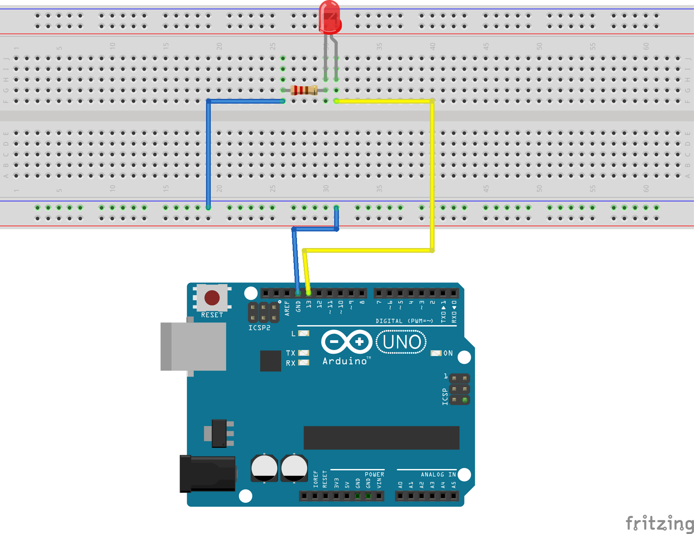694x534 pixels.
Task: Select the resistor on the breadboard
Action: [x=304, y=90]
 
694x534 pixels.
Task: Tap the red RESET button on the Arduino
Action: [x=212, y=297]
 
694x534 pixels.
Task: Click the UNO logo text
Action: [x=401, y=342]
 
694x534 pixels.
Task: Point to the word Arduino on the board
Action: [x=345, y=361]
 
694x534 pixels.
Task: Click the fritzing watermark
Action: [x=659, y=523]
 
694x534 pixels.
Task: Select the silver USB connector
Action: [x=194, y=347]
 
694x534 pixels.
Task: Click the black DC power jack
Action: [x=208, y=473]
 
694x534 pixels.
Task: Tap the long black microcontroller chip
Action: [x=381, y=437]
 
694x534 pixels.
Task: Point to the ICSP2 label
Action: [x=259, y=328]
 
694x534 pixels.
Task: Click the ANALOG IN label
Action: [x=438, y=474]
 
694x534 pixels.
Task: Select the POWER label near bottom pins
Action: [x=374, y=474]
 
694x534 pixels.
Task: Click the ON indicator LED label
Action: [x=448, y=353]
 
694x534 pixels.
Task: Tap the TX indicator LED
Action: [x=304, y=353]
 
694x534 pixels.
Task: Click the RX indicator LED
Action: [x=304, y=362]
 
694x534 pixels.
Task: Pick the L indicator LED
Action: [x=304, y=333]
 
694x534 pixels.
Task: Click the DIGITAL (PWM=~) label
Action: [x=404, y=321]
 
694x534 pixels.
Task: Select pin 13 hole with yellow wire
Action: [x=308, y=293]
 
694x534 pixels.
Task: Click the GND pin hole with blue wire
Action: [x=298, y=293]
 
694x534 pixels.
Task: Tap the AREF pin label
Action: [x=287, y=308]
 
